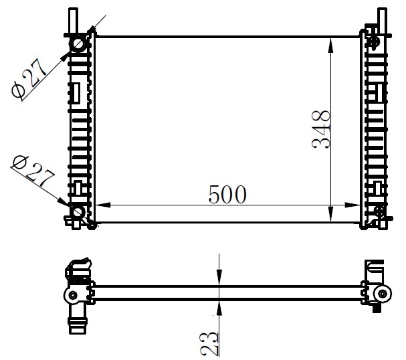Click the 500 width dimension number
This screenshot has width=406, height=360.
227,194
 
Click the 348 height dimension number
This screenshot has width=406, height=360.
321,129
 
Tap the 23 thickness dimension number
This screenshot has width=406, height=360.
209,344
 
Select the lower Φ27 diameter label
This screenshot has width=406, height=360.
33,171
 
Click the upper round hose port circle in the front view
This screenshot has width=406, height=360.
79,44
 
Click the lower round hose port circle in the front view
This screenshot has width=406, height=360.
78,212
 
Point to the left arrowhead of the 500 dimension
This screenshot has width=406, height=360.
103,205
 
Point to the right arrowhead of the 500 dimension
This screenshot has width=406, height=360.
352,205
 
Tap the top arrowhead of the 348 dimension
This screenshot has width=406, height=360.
330,46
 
